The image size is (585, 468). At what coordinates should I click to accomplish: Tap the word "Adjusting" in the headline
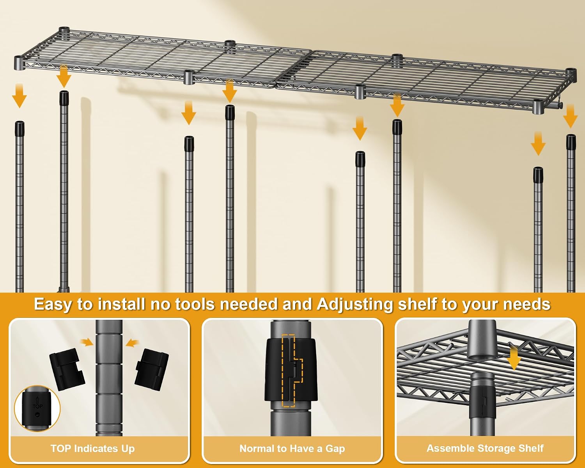(355, 304)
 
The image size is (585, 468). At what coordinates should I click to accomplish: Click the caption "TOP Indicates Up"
(92, 448)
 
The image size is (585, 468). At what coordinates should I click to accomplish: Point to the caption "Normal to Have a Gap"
(292, 448)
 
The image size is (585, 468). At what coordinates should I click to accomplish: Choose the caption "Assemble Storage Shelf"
(485, 448)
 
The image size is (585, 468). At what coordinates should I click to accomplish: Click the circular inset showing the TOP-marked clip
(37, 408)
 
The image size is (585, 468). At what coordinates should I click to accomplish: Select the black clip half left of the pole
(67, 369)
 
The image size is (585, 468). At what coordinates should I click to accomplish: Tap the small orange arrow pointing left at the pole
(132, 343)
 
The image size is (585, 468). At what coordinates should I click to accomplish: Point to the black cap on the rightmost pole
(571, 142)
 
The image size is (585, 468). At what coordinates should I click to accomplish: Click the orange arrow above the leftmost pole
(19, 96)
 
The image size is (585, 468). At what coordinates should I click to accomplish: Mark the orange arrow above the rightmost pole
(570, 116)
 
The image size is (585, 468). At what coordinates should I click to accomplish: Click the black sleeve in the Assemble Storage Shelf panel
(482, 403)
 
